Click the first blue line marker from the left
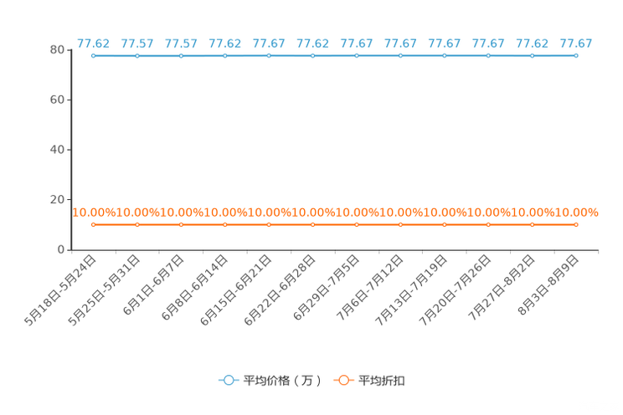(x=94, y=55)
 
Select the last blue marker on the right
(x=575, y=55)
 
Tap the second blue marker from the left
(x=137, y=55)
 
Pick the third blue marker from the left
(x=181, y=55)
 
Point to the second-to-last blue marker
(x=532, y=55)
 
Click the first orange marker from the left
(x=94, y=225)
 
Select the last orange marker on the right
(x=575, y=225)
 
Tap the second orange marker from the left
(x=137, y=225)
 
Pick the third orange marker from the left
(x=181, y=225)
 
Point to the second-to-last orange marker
(x=532, y=225)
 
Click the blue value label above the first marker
(x=93, y=43)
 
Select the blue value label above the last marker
(x=575, y=43)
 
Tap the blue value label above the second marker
(x=136, y=43)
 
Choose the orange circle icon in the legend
(x=343, y=380)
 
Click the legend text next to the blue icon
(x=282, y=380)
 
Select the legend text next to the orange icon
(x=382, y=380)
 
